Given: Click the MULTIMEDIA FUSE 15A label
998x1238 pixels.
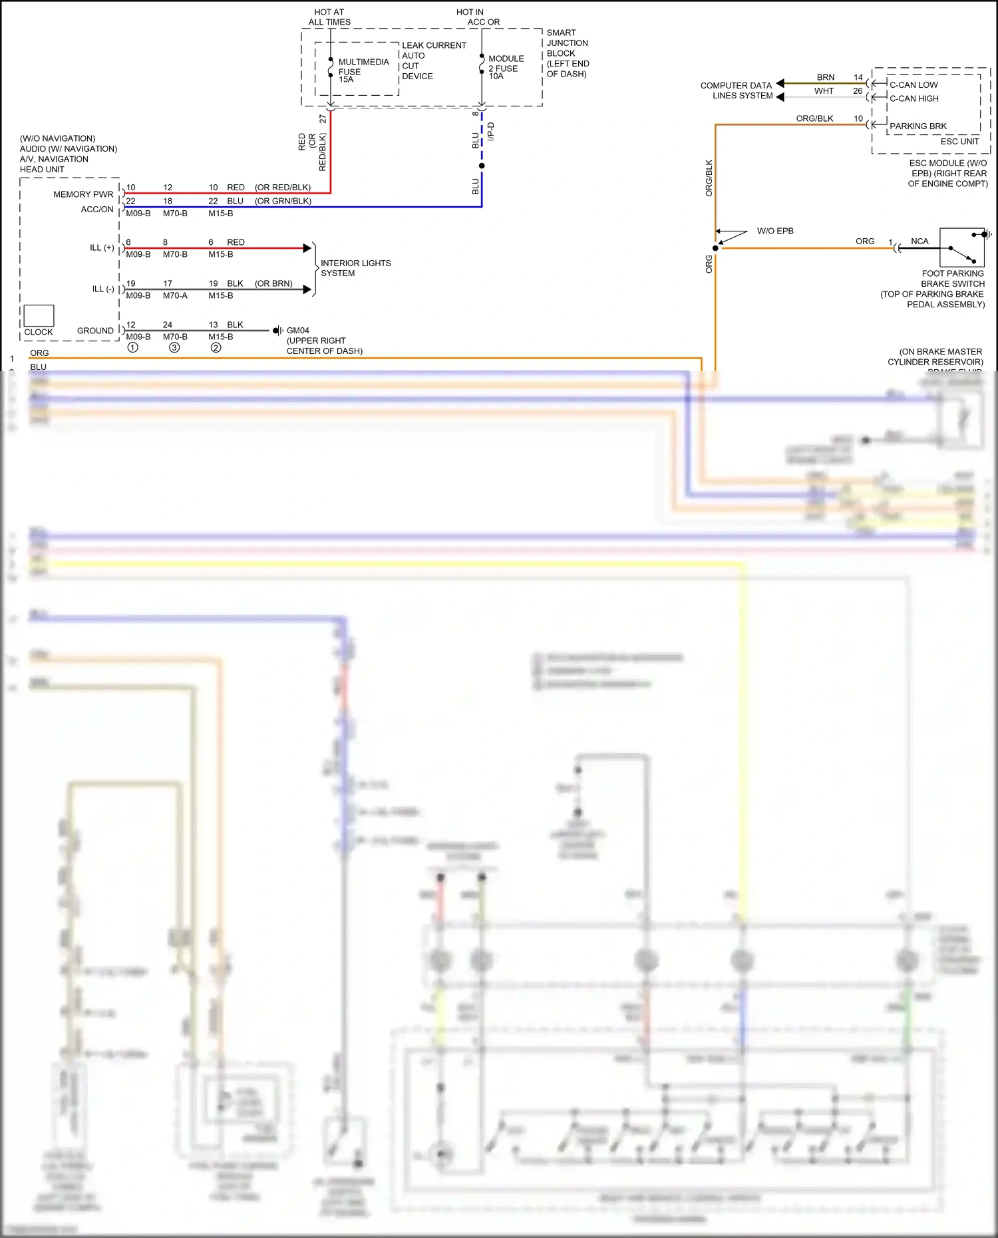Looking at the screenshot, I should point(363,71).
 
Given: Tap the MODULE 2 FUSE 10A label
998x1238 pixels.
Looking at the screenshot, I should point(506,68).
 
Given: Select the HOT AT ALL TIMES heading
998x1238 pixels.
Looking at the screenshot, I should point(329,17).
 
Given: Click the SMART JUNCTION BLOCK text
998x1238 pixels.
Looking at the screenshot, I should point(567,53).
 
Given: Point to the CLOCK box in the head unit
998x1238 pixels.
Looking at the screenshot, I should point(39,316).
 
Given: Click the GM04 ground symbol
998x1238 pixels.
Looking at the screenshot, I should point(277,331).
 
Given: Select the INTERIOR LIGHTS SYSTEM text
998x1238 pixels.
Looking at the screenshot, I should point(355,268).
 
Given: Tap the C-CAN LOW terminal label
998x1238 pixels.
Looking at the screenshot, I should point(914,85).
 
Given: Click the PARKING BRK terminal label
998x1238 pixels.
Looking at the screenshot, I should point(917,126).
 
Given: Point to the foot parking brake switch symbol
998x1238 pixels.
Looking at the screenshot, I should point(962,247).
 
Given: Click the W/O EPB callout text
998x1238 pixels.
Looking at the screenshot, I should point(774,232).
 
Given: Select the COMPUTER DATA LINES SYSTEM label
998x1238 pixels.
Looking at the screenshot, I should point(736,90).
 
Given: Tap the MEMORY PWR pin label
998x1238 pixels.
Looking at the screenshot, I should point(83,194).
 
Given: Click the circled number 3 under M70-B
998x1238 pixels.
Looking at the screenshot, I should point(174,348).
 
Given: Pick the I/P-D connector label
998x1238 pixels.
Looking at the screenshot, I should point(491,131).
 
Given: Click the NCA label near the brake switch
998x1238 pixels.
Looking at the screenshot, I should point(919,241).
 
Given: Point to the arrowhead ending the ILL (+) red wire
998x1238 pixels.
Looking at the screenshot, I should point(307,248).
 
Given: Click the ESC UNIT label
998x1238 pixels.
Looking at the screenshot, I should point(959,142).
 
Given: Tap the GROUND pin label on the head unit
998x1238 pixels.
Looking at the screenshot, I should point(95,331).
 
